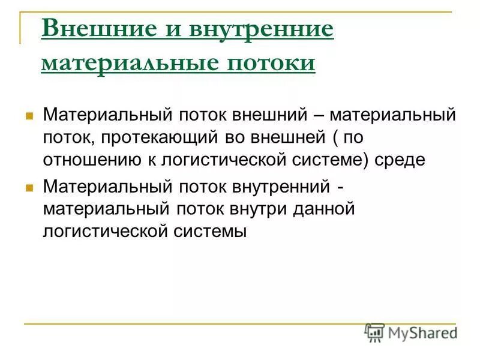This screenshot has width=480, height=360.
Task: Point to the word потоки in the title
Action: click(268, 62)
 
